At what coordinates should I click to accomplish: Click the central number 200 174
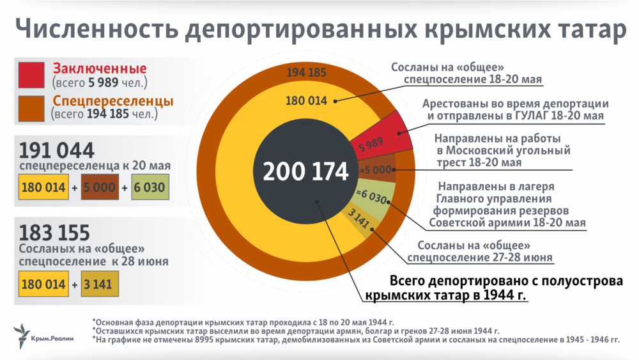[305, 171]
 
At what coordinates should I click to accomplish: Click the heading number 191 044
[57, 150]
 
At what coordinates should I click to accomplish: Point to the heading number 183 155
[55, 232]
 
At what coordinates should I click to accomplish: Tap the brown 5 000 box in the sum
[100, 188]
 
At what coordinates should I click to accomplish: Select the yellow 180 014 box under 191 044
[43, 188]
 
